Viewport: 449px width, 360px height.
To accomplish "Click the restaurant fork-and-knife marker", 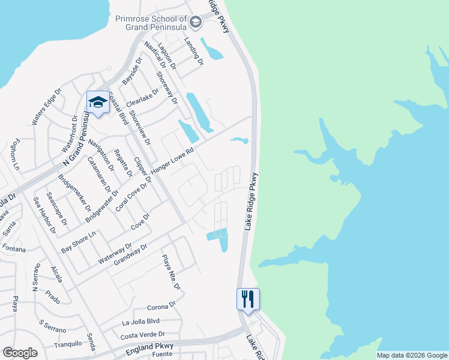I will pyautogui.click(x=248, y=299).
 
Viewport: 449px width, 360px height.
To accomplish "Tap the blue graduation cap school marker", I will pyautogui.click(x=97, y=102).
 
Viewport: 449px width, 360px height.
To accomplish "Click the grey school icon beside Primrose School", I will pyautogui.click(x=195, y=23).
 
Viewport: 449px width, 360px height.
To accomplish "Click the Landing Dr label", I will pyautogui.click(x=194, y=51).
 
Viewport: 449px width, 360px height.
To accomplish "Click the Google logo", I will pyautogui.click(x=20, y=353).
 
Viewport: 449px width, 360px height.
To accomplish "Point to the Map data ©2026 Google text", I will pyautogui.click(x=412, y=355).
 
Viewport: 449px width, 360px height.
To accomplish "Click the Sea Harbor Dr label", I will pyautogui.click(x=44, y=215).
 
